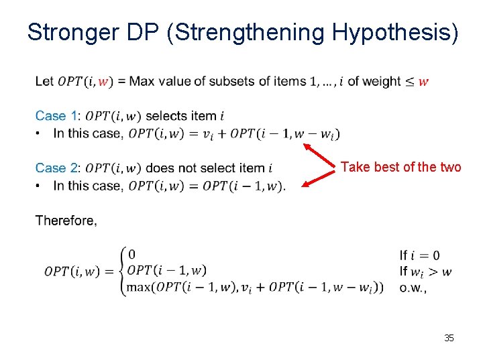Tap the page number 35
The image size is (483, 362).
click(449, 338)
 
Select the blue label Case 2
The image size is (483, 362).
click(58, 168)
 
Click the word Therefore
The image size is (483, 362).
click(66, 221)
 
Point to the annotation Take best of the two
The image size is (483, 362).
click(400, 167)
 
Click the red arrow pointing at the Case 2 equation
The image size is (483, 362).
click(319, 177)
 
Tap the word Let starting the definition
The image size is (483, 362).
click(44, 82)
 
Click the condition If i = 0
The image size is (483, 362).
click(420, 255)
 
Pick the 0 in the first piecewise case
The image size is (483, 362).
click(131, 254)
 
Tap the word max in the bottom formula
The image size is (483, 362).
click(140, 287)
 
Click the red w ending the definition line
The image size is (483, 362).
click(423, 82)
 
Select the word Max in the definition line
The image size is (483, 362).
click(141, 82)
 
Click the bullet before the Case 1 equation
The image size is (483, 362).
click(40, 133)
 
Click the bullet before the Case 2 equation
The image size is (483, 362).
click(40, 185)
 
